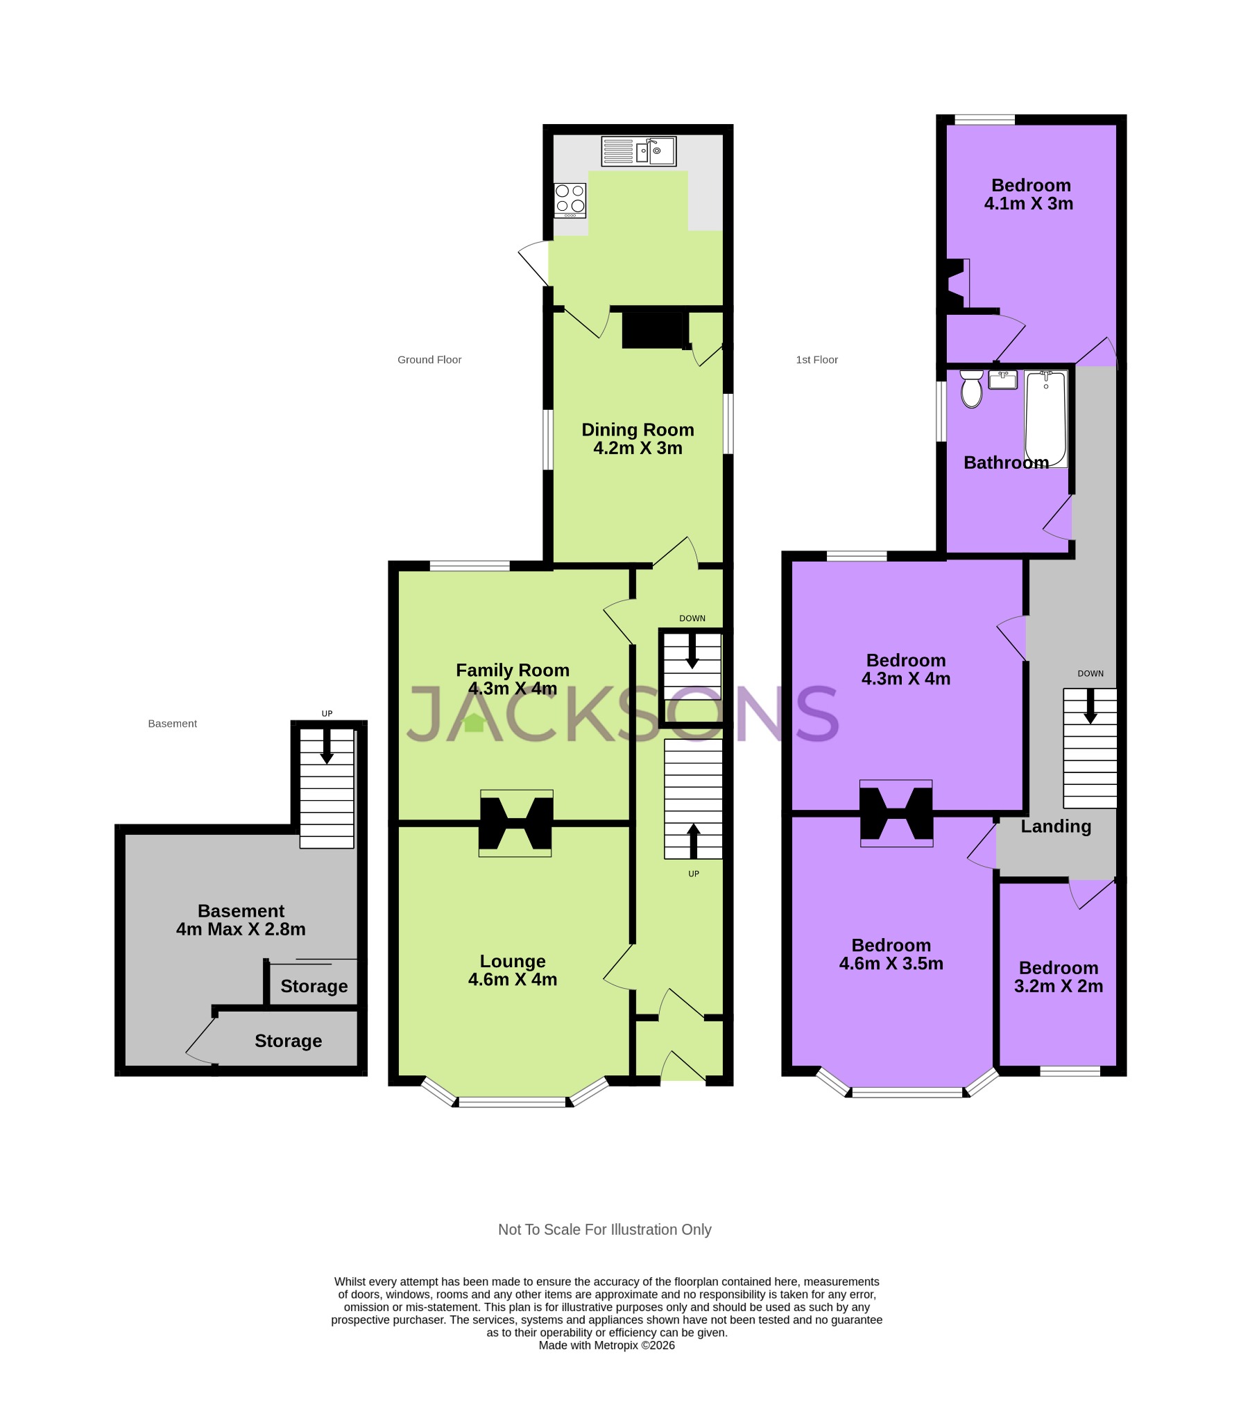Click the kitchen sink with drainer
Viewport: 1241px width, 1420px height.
(638, 151)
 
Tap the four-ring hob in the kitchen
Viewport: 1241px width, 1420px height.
(570, 199)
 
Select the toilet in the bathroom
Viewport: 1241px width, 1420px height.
(971, 389)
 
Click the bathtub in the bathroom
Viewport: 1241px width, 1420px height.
(1045, 419)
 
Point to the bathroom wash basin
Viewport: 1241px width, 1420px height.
(1002, 380)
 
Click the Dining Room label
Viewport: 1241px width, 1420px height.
(637, 430)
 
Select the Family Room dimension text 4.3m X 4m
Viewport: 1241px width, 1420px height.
(513, 689)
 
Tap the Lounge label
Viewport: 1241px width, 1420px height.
(513, 961)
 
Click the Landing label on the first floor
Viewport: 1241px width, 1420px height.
(1056, 826)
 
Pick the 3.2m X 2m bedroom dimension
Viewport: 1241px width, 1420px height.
(1059, 986)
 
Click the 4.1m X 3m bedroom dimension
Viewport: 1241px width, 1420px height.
(1029, 204)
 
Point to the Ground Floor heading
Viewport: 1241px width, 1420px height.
(429, 360)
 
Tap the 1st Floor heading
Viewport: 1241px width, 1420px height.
(816, 360)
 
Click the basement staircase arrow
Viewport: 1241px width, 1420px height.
(326, 747)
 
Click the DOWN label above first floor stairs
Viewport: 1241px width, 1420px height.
(1090, 673)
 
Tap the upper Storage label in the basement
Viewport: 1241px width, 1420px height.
(314, 986)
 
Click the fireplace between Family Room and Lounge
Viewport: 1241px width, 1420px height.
(516, 823)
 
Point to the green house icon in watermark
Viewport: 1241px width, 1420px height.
(474, 723)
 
